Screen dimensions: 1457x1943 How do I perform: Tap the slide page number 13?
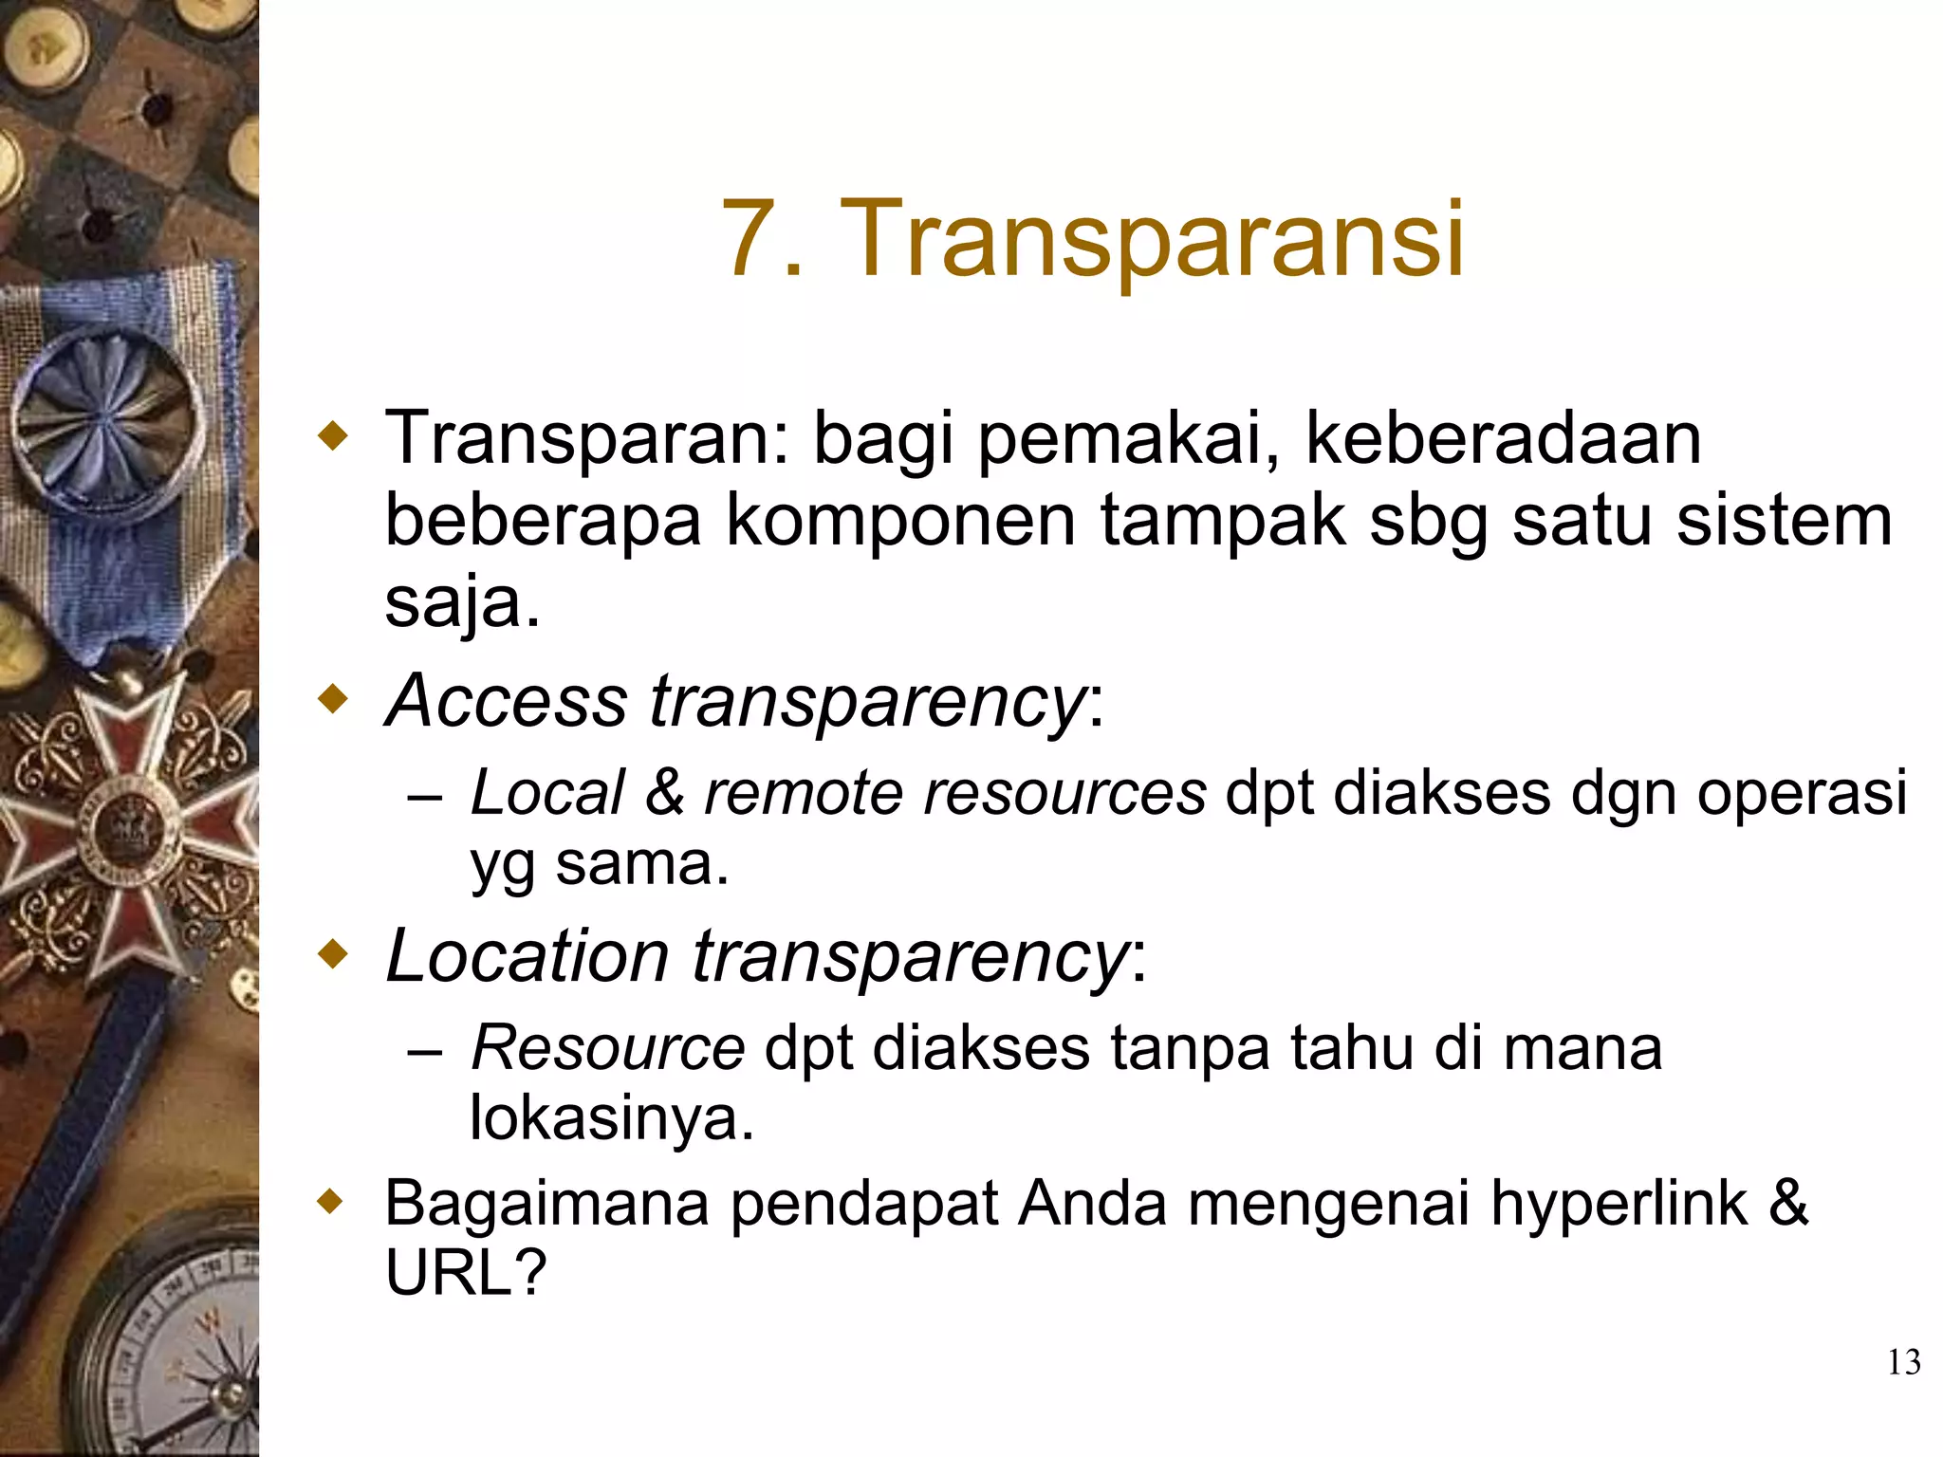pyautogui.click(x=1903, y=1362)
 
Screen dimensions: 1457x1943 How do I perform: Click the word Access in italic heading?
pyautogui.click(x=509, y=702)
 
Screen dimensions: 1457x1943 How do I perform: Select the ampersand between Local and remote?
pyautogui.click(x=664, y=793)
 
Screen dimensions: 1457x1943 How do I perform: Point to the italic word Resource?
pyautogui.click(x=607, y=1049)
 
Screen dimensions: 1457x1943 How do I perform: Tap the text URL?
pyautogui.click(x=465, y=1273)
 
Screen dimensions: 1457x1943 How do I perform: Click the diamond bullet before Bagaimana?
pyautogui.click(x=331, y=1203)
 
